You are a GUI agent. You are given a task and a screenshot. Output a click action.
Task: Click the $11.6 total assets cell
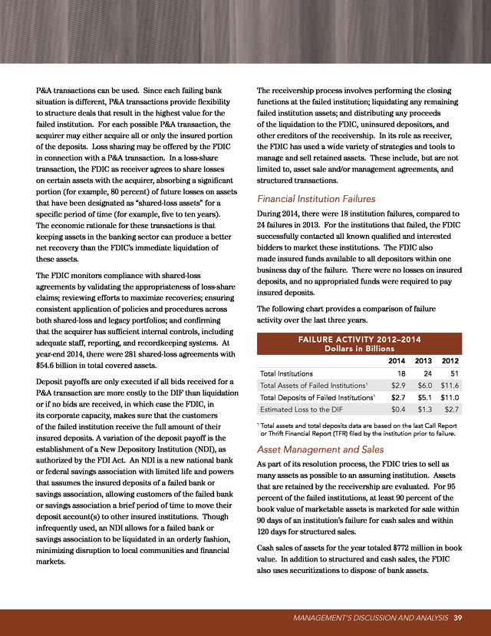click(450, 386)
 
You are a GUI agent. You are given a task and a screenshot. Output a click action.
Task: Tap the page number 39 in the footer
click(457, 619)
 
